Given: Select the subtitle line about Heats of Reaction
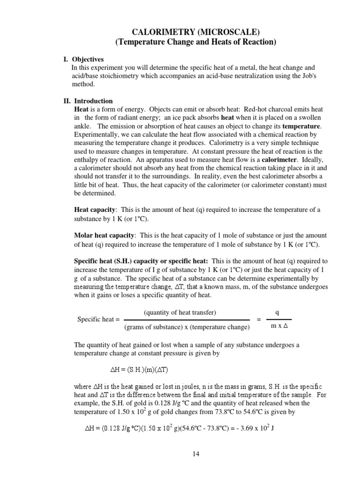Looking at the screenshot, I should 196,42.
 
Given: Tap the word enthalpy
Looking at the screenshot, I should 88,160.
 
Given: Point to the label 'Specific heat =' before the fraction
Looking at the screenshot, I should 96,319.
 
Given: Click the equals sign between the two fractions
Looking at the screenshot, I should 259,319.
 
